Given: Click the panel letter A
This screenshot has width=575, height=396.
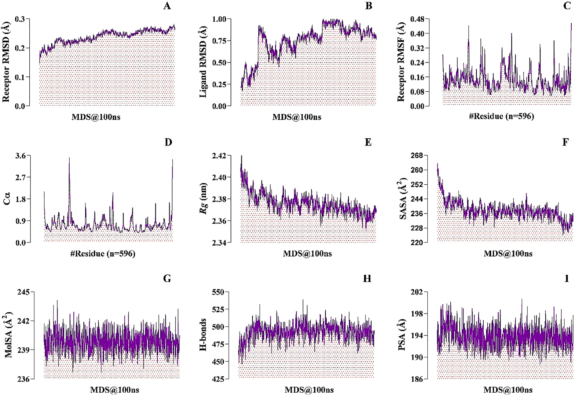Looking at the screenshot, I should pyautogui.click(x=167, y=6).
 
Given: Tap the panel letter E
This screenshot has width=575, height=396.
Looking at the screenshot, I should pyautogui.click(x=368, y=142).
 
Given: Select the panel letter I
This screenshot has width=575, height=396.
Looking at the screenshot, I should pyautogui.click(x=567, y=278).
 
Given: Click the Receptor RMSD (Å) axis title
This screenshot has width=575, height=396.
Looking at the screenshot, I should pyautogui.click(x=6, y=62).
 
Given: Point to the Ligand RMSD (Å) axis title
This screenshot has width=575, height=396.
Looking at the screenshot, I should pyautogui.click(x=203, y=62).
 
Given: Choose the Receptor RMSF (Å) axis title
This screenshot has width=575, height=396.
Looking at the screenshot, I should pyautogui.click(x=401, y=62).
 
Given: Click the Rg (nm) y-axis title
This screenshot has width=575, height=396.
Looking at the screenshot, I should pyautogui.click(x=204, y=199).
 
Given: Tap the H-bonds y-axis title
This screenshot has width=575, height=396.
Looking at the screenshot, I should pyautogui.click(x=203, y=335).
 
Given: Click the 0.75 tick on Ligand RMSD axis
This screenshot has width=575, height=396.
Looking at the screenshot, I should pyautogui.click(x=219, y=41).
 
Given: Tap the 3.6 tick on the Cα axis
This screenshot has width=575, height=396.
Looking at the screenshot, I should pyautogui.click(x=23, y=156).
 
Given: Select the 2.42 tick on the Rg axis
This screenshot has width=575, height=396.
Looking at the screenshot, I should pyautogui.click(x=219, y=156).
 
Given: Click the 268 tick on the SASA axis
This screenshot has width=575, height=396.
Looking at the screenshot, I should pyautogui.click(x=417, y=156).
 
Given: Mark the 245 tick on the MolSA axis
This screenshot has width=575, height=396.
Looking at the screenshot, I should pyautogui.click(x=24, y=292).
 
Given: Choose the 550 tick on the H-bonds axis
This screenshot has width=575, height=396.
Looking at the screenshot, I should pyautogui.click(x=218, y=292).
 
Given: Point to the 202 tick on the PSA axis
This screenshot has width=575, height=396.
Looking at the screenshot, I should pyautogui.click(x=417, y=292).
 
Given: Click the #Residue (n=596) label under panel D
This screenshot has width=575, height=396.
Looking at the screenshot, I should pyautogui.click(x=103, y=253).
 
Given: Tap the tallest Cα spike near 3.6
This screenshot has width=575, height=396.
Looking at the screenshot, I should pyautogui.click(x=69, y=158).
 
